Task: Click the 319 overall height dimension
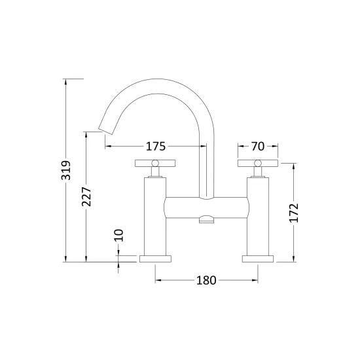pyautogui.click(x=66, y=170)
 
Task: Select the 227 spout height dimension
pyautogui.click(x=86, y=196)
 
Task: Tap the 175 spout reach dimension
pyautogui.click(x=156, y=146)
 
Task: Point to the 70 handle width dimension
pyautogui.click(x=258, y=146)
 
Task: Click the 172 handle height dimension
pyautogui.click(x=294, y=213)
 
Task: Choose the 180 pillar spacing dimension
pyautogui.click(x=206, y=280)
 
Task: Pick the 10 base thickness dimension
pyautogui.click(x=118, y=236)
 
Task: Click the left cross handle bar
pyautogui.click(x=155, y=163)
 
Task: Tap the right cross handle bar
pyautogui.click(x=258, y=163)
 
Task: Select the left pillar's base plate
pyautogui.click(x=155, y=259)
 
